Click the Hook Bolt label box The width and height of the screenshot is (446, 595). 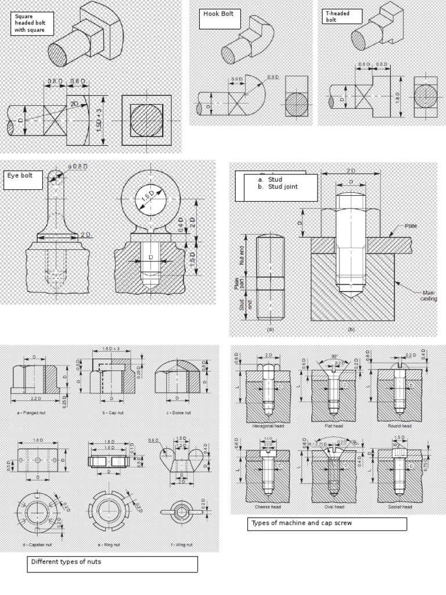pyautogui.click(x=220, y=19)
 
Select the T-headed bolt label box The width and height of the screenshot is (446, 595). pyautogui.click(x=342, y=16)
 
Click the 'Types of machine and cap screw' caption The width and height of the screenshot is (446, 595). pyautogui.click(x=327, y=524)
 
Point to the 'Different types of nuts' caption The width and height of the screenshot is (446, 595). pyautogui.click(x=112, y=564)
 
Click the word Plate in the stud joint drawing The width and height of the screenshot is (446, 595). pyautogui.click(x=411, y=225)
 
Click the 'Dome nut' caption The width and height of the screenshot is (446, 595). pyautogui.click(x=178, y=412)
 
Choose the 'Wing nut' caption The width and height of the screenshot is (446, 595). pyautogui.click(x=181, y=544)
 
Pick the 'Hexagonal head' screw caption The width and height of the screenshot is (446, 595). pyautogui.click(x=267, y=426)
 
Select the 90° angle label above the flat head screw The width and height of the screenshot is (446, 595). pyautogui.click(x=334, y=356)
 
